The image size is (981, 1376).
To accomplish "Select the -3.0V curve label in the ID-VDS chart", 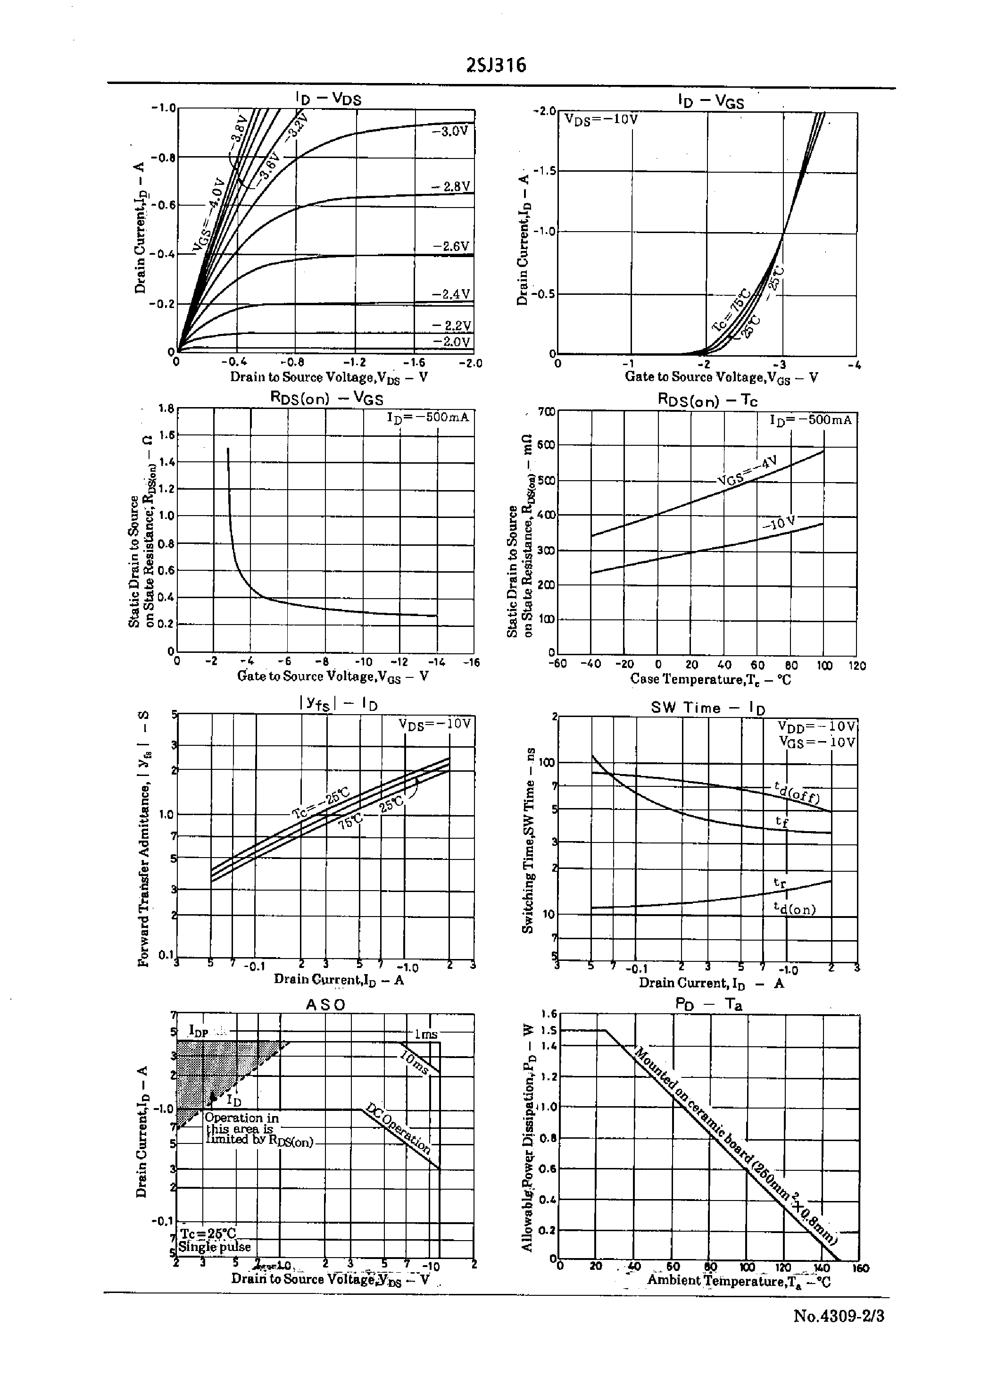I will (450, 131).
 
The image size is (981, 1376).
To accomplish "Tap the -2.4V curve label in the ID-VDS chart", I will (450, 294).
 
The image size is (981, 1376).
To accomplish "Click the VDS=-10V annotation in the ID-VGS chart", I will (601, 119).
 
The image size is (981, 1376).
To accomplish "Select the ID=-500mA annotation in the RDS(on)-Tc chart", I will (810, 420).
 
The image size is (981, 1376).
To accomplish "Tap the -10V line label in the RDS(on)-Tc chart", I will (779, 523).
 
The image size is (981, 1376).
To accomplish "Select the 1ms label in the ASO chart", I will (425, 1034).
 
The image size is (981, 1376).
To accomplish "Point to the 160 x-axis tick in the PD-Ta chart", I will (860, 1268).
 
